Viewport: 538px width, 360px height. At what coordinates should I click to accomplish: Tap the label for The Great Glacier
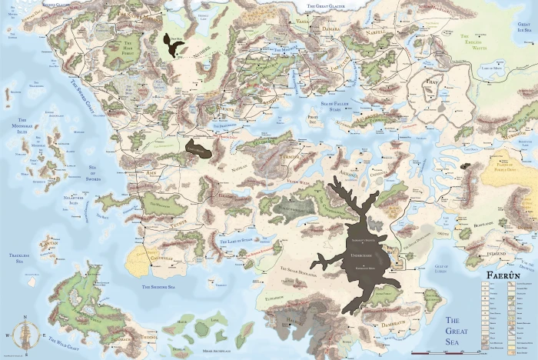coord(330,6)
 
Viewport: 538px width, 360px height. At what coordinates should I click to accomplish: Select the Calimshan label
coord(151,259)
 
